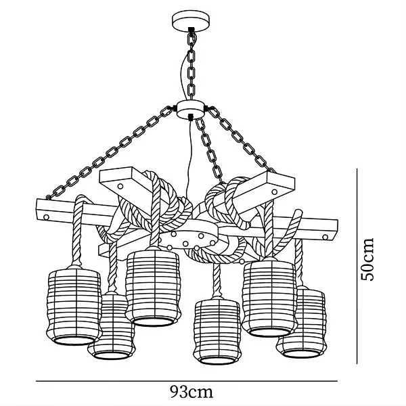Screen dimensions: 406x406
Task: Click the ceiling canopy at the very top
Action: click(193, 21)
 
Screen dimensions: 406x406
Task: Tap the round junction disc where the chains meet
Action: click(193, 109)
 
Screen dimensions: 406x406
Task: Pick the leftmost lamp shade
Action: click(74, 304)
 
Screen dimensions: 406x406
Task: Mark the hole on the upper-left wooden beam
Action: click(119, 182)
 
